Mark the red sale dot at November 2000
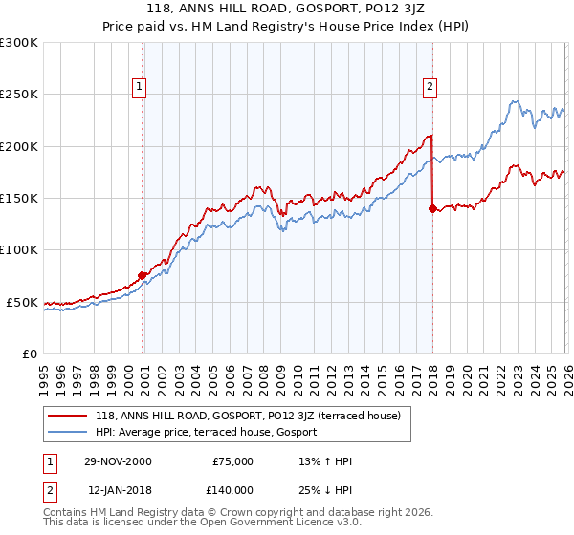coord(143,275)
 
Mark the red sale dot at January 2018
coord(432,208)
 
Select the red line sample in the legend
coord(67,416)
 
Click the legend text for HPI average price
coord(211,433)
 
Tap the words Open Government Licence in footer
coord(272,524)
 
